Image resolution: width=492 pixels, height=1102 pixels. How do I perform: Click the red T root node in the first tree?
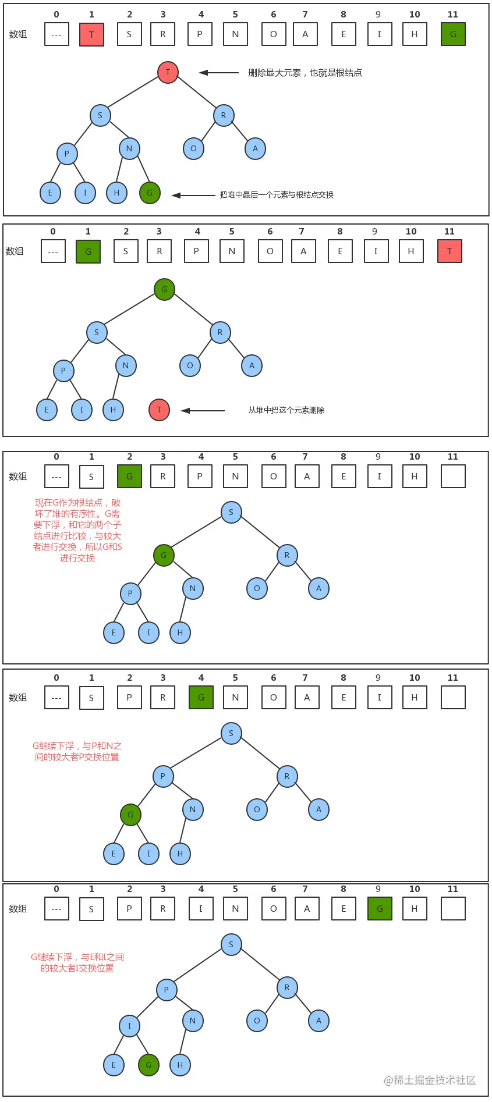coord(168,72)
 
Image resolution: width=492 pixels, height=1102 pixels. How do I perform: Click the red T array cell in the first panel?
coord(91,34)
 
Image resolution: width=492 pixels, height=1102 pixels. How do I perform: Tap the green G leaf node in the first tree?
coord(150,193)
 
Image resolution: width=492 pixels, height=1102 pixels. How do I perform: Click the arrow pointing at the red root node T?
coord(218,73)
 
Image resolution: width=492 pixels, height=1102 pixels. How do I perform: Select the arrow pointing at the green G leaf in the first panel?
coord(193,195)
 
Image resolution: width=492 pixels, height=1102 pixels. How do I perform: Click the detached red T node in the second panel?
coord(159,410)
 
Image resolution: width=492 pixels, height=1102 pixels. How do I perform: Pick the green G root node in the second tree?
coord(164,289)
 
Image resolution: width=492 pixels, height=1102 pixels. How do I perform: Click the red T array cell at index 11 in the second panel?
coord(449,251)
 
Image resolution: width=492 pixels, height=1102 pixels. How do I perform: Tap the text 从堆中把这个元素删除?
coord(286,410)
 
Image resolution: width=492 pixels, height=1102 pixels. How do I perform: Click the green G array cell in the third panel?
coord(129,477)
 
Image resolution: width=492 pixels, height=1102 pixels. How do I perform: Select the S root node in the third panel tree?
coord(231,512)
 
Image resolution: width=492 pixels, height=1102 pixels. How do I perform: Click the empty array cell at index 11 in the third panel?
coord(453,477)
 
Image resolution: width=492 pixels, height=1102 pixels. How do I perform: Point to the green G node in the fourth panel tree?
coord(130,815)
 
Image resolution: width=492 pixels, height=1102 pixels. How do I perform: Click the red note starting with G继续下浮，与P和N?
coord(77,751)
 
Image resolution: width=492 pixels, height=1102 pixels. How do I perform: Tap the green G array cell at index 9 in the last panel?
coord(380,909)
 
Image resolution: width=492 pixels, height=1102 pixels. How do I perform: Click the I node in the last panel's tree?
coord(129,1026)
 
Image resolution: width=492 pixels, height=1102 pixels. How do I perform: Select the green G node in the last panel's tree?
coord(148,1065)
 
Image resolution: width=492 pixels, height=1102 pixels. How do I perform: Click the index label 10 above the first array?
coord(414,15)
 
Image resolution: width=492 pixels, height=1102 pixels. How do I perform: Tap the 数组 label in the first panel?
coord(18,34)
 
